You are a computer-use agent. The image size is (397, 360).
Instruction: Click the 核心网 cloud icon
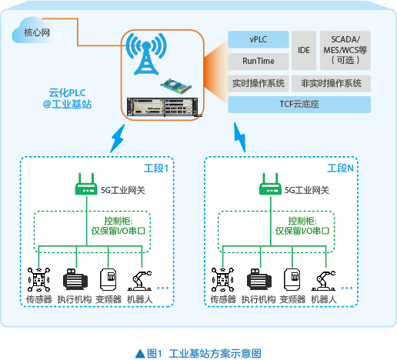(x=36, y=31)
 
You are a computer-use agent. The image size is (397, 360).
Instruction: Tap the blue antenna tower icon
(x=146, y=54)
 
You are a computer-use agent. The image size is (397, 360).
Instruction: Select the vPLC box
(x=259, y=39)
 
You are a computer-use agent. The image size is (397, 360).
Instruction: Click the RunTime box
(x=259, y=62)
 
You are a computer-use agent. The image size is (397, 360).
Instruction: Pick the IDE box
(x=304, y=50)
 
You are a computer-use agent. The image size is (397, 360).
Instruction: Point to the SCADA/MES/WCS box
(x=345, y=50)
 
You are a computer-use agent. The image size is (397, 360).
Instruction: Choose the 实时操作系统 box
(x=259, y=83)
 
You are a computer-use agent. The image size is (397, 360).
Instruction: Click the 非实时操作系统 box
(x=331, y=83)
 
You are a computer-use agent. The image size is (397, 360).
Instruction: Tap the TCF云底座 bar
(x=299, y=105)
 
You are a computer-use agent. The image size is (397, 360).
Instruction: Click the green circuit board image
(x=176, y=86)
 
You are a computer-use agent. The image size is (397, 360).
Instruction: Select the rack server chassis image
(x=162, y=107)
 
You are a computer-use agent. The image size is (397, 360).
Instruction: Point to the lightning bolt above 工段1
(x=118, y=138)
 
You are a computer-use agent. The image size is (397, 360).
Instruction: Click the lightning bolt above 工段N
(x=240, y=138)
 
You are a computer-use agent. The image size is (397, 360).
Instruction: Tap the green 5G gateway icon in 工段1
(x=86, y=185)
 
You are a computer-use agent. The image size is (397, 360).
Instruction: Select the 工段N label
(x=340, y=168)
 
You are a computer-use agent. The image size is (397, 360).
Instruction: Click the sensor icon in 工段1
(x=38, y=279)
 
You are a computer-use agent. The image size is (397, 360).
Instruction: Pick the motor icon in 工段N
(x=259, y=279)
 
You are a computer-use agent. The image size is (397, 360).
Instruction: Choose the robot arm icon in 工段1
(x=140, y=281)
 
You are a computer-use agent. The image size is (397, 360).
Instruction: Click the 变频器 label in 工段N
(x=292, y=299)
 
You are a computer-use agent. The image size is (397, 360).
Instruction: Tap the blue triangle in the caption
(x=140, y=354)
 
